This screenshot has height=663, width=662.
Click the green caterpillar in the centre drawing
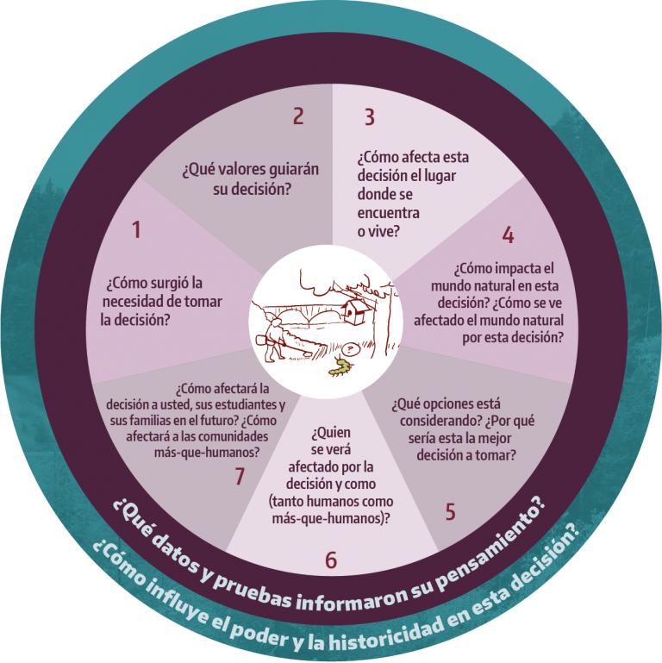[340, 367]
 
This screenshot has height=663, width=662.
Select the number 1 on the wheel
[136, 229]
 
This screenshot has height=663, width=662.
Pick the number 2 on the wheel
[298, 116]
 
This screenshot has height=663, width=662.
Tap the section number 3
[370, 116]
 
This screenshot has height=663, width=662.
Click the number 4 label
[508, 235]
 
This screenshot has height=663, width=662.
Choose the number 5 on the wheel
[451, 511]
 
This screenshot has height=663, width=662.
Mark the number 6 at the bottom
[331, 560]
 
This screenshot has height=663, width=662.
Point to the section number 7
[240, 476]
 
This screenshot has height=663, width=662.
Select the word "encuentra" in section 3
[389, 213]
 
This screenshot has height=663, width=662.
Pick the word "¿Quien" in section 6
[331, 433]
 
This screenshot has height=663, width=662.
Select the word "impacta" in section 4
[518, 268]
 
